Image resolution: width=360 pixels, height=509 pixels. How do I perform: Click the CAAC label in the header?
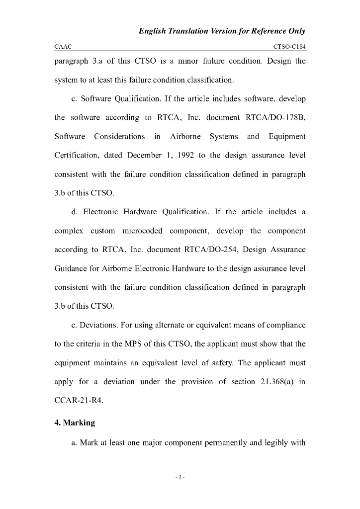click(x=63, y=47)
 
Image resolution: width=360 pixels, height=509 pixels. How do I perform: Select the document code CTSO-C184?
click(x=289, y=47)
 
